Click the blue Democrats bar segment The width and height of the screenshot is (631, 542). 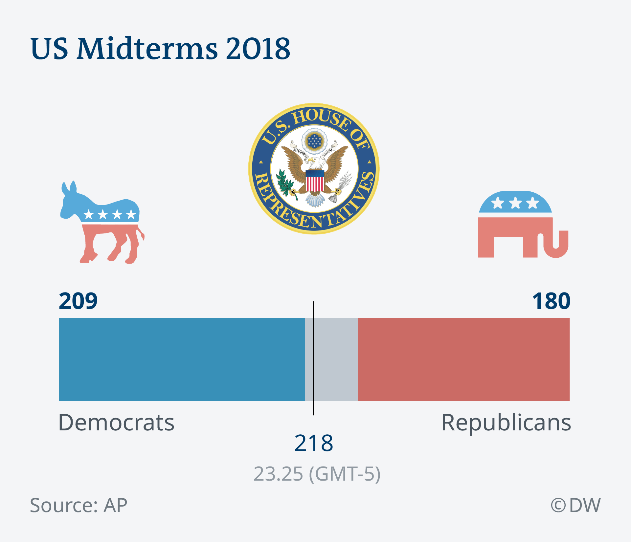pos(182,359)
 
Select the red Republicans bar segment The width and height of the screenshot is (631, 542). pos(463,359)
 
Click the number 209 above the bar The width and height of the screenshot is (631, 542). pos(78,301)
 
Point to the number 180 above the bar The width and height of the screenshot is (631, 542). pos(551,301)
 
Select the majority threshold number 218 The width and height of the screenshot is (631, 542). pos(314,443)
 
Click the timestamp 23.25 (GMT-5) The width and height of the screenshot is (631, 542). pos(317,474)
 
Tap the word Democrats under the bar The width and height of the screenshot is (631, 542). pos(116,423)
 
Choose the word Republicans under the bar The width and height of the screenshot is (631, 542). pos(506,423)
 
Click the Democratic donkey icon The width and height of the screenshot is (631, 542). pos(102,223)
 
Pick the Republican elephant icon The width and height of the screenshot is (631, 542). pos(522,225)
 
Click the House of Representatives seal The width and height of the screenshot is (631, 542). pos(314,168)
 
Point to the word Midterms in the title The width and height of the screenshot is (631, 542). pos(147,49)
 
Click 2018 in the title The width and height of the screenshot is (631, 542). pos(258,49)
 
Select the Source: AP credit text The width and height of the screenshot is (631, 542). pos(79,505)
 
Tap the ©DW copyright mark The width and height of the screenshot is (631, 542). pos(575,505)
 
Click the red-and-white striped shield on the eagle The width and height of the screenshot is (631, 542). pos(315,181)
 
